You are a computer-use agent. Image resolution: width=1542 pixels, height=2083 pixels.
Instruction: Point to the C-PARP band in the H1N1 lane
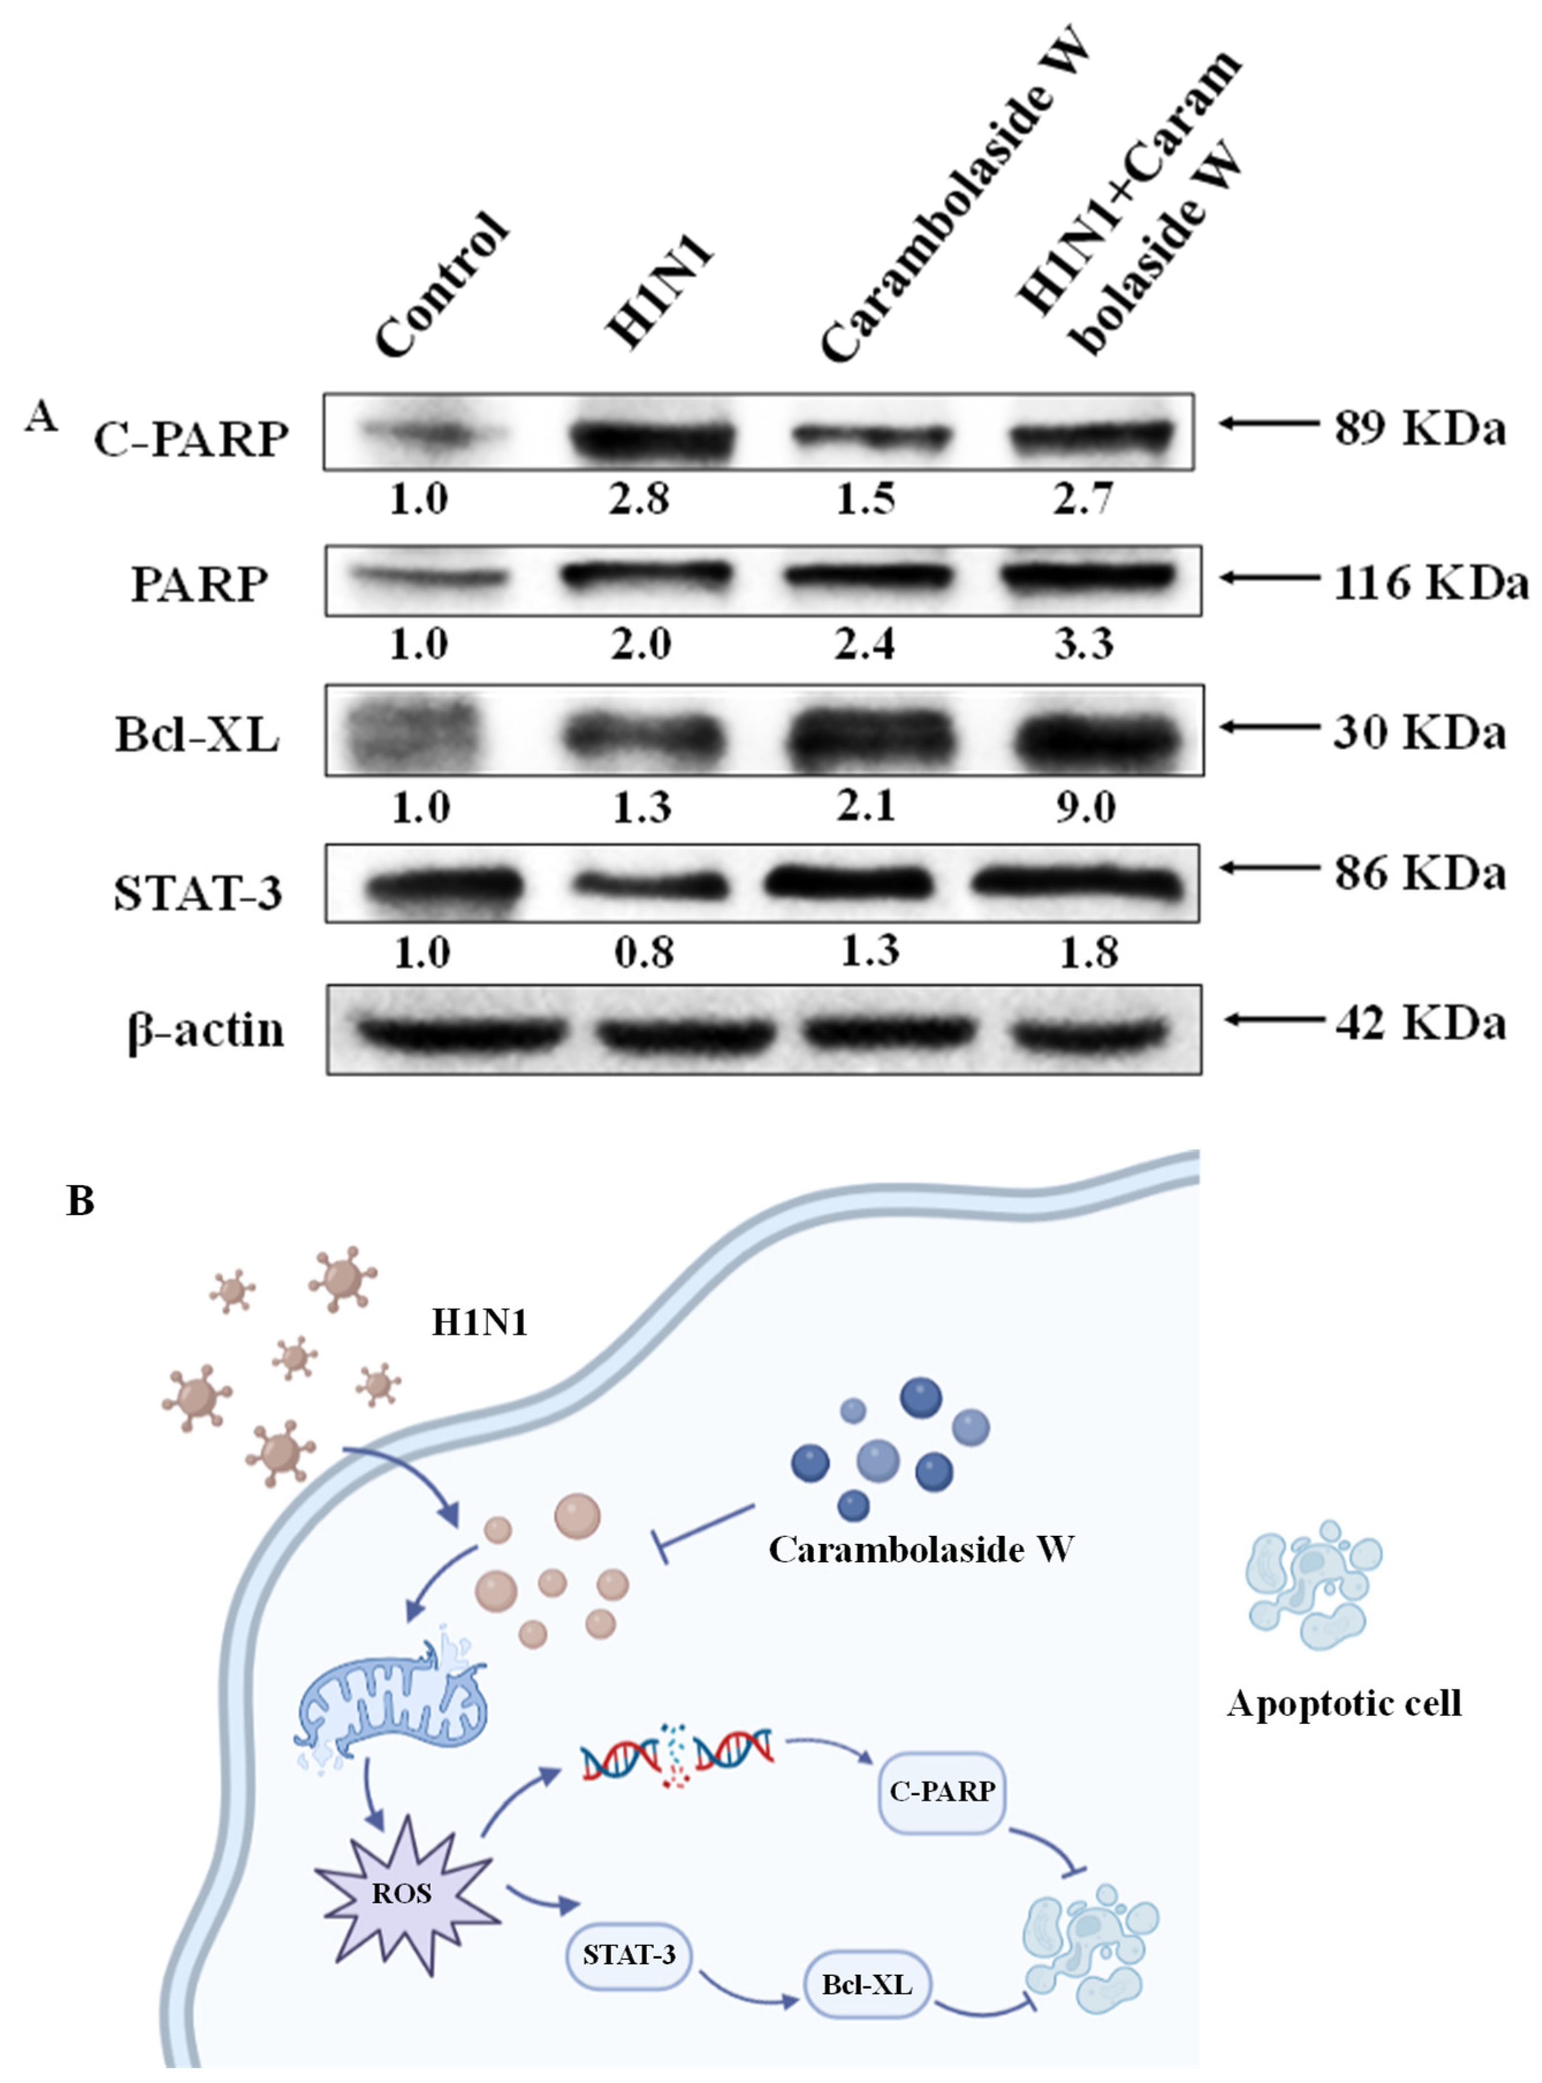pyautogui.click(x=653, y=437)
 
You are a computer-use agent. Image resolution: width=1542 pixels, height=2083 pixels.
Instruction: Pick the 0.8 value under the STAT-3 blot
pyautogui.click(x=643, y=953)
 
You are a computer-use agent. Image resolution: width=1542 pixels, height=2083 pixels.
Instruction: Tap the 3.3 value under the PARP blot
pyautogui.click(x=1084, y=644)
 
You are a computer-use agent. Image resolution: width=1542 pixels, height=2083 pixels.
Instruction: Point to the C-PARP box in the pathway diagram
pyautogui.click(x=942, y=1791)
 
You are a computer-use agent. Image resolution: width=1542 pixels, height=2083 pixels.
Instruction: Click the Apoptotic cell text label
pyautogui.click(x=1343, y=1704)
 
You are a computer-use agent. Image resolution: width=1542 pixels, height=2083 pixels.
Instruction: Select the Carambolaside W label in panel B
pyautogui.click(x=920, y=1549)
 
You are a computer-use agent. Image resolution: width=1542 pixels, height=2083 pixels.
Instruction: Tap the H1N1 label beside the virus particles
pyautogui.click(x=480, y=1322)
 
